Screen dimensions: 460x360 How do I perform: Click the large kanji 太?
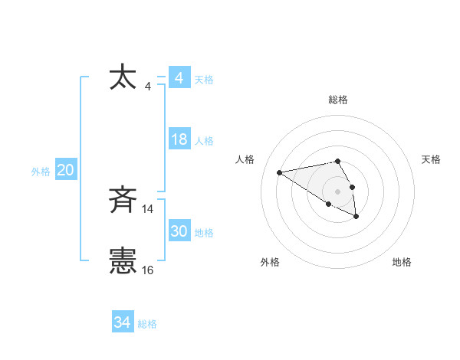(123, 78)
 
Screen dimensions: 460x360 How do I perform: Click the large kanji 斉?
(123, 201)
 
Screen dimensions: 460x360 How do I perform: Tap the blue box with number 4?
(179, 78)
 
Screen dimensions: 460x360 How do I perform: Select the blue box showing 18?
(179, 139)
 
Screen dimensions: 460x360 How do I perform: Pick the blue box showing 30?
(179, 231)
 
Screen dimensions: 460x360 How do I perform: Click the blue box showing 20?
(65, 170)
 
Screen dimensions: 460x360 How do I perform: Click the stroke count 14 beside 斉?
(148, 209)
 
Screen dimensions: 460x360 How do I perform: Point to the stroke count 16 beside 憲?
(148, 270)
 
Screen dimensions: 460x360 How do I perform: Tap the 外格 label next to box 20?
(41, 172)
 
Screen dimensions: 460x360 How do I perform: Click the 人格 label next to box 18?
(205, 141)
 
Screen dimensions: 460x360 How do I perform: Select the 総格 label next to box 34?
(147, 324)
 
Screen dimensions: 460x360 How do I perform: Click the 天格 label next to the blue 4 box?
(205, 80)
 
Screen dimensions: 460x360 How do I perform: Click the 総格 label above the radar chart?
(338, 100)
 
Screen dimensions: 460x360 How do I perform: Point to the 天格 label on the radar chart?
(432, 159)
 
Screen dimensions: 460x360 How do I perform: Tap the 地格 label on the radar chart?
(402, 262)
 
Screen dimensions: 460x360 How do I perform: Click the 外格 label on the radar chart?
(270, 262)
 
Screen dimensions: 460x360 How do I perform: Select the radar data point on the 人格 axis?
(280, 172)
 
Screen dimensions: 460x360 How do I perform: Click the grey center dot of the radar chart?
(338, 191)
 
